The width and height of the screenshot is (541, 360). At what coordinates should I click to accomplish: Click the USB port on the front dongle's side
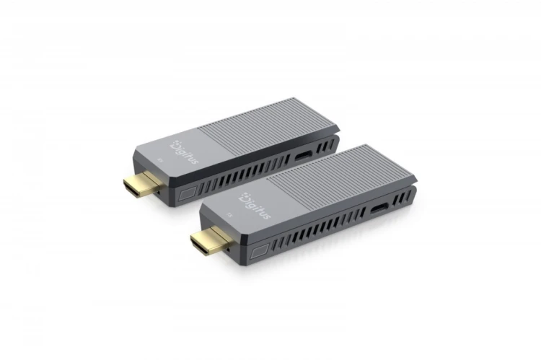[x=377, y=208]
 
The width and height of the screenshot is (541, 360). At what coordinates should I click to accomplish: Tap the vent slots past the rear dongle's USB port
[x=326, y=145]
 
